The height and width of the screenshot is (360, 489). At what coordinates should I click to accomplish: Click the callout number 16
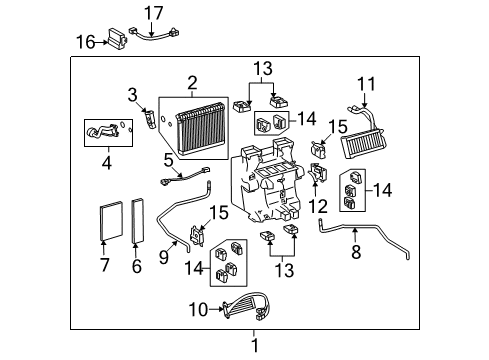[x=86, y=42]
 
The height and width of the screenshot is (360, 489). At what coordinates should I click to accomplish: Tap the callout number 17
[x=153, y=13]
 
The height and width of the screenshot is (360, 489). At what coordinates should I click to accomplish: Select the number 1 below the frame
[x=255, y=345]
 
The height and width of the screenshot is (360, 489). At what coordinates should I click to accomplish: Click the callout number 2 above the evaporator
[x=192, y=83]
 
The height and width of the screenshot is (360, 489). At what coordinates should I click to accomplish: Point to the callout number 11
[x=366, y=84]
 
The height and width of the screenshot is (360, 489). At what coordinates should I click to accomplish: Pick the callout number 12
[x=318, y=206]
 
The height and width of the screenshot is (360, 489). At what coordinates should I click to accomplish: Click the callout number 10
[x=198, y=310]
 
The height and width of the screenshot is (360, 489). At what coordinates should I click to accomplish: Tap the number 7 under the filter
[x=105, y=265]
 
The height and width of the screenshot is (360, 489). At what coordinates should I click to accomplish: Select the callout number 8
[x=356, y=252]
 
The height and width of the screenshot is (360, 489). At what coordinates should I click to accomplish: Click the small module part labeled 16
[x=117, y=39]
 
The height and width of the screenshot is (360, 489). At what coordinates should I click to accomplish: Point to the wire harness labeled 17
[x=154, y=34]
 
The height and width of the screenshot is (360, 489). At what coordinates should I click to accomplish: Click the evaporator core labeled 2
[x=200, y=129]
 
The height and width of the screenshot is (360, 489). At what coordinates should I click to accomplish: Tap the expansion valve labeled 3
[x=150, y=119]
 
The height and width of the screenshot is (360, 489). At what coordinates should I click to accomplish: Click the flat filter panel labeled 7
[x=111, y=221]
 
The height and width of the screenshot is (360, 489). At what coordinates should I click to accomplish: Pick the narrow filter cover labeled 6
[x=138, y=220]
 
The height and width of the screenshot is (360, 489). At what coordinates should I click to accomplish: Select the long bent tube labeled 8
[x=363, y=234]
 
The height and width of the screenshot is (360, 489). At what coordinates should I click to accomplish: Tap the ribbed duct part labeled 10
[x=247, y=306]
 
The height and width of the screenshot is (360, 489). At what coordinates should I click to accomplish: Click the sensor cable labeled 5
[x=185, y=176]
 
